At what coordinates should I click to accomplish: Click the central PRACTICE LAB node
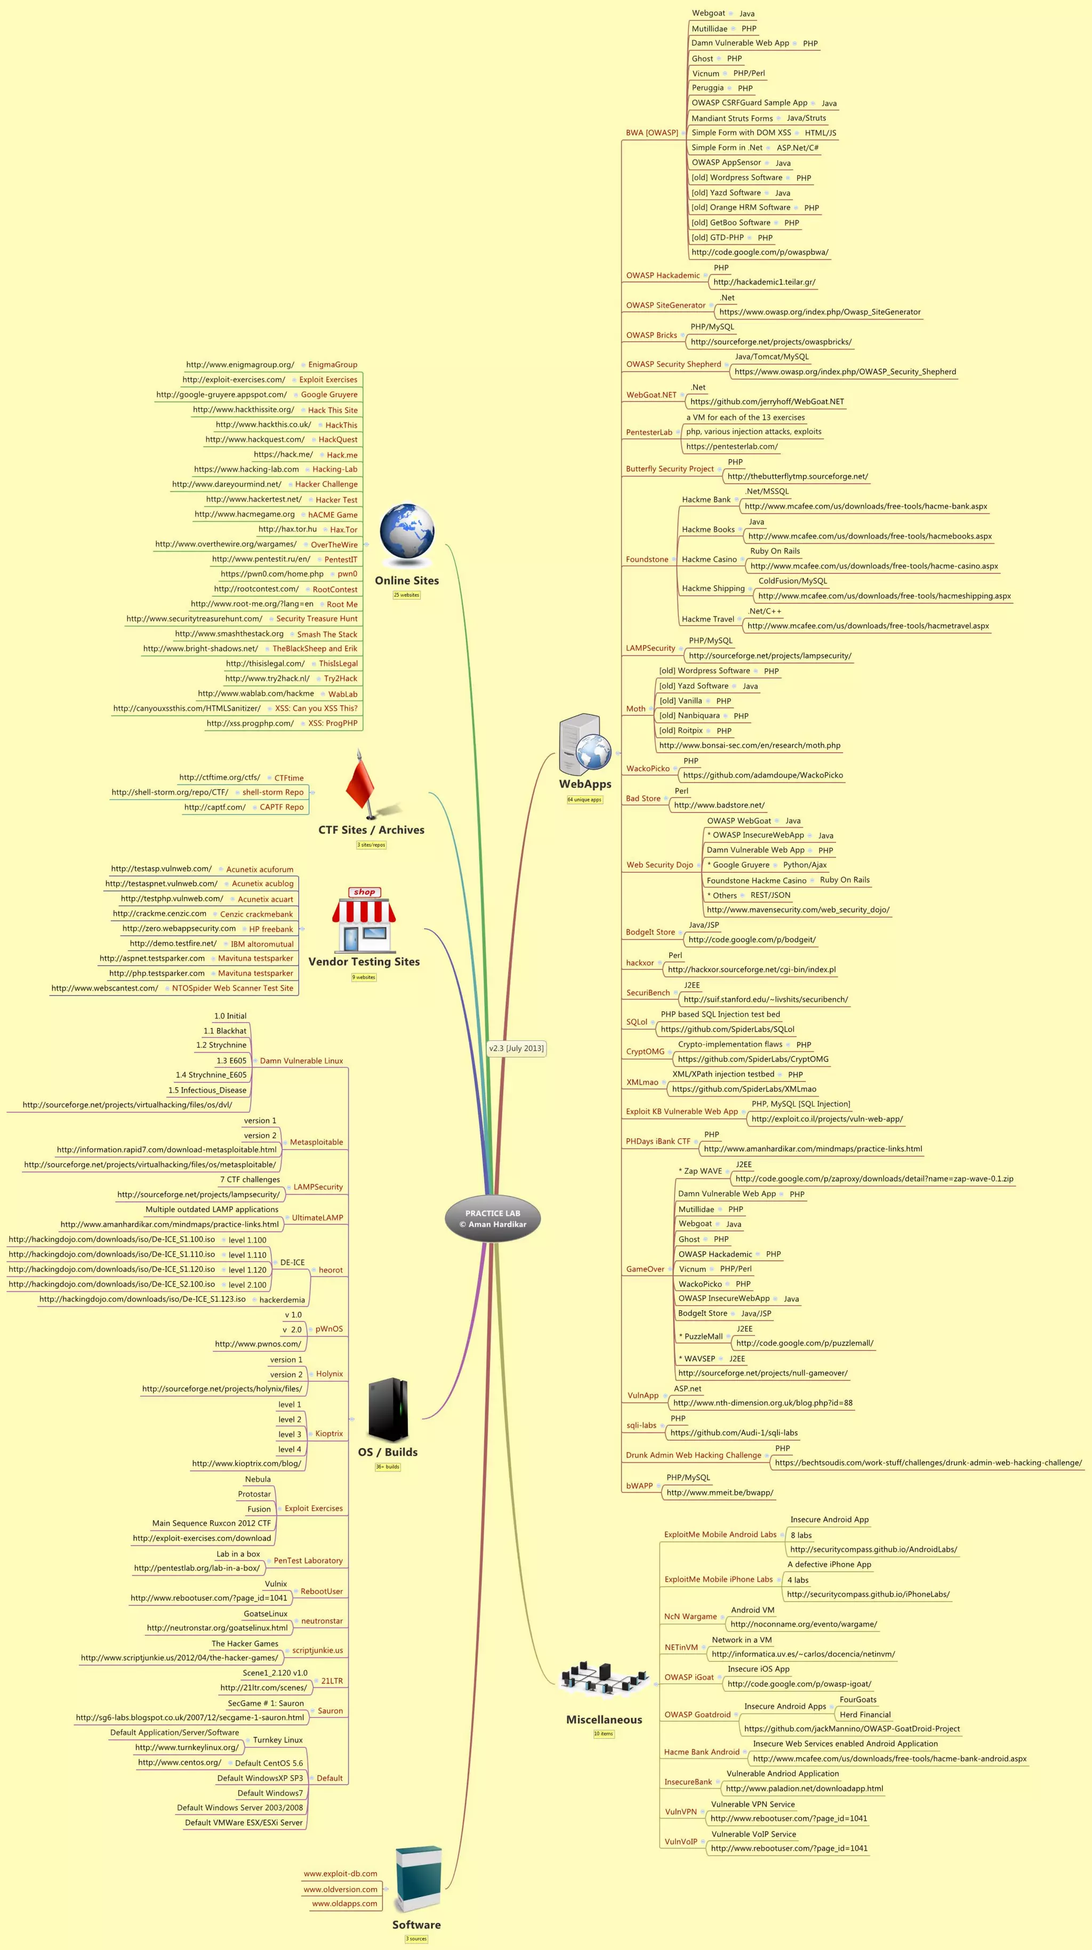493,1218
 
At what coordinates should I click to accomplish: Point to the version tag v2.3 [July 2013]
516,1048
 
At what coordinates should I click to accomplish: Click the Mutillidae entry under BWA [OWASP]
709,29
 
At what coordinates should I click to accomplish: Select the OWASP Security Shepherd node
673,364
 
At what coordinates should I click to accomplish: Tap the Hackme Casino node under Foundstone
709,560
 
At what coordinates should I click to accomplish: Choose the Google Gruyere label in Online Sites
329,394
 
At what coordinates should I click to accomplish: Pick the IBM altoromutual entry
262,944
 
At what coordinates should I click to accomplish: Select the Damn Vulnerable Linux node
301,1061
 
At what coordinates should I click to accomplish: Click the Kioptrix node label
329,1434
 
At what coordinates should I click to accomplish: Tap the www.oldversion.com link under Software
341,1889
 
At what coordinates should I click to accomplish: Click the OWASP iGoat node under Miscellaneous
689,1677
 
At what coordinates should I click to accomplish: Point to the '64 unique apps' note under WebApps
585,800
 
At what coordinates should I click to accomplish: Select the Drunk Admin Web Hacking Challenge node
693,1455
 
